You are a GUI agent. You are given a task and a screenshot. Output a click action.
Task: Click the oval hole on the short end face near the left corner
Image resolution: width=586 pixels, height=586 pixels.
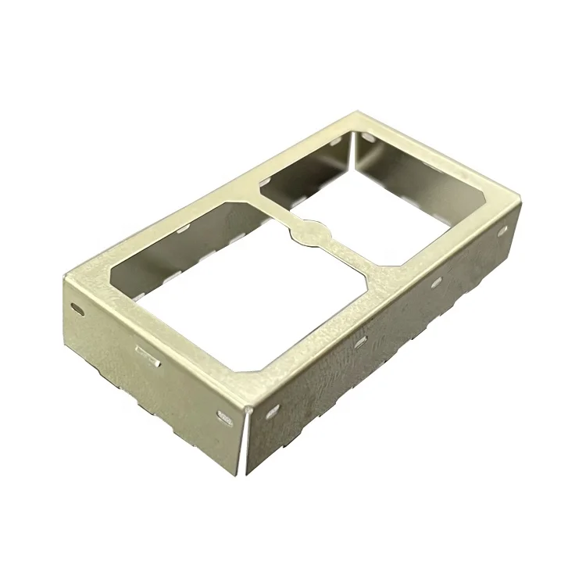[77, 308]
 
